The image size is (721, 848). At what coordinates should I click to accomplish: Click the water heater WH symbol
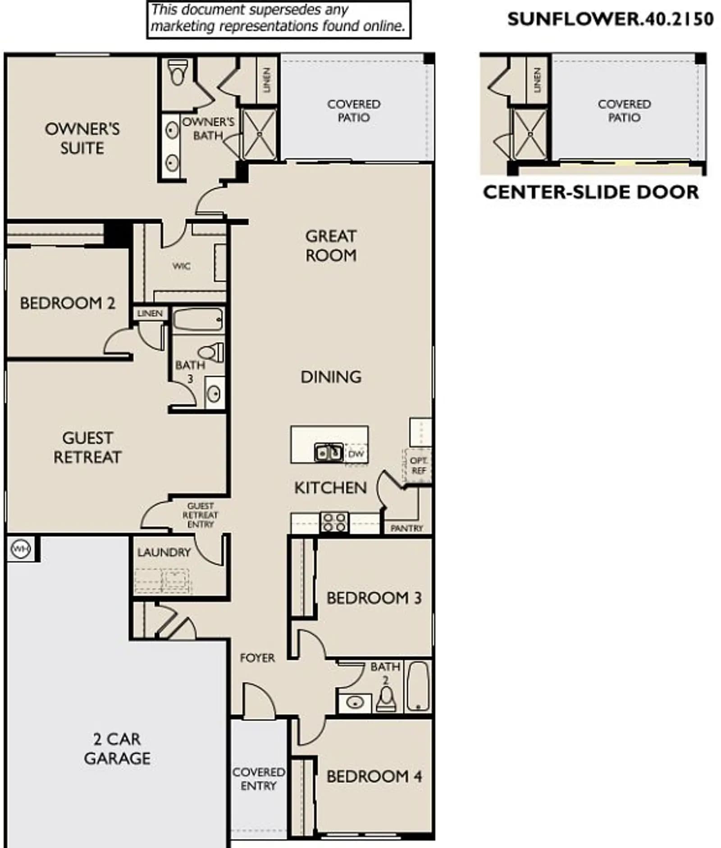click(x=20, y=549)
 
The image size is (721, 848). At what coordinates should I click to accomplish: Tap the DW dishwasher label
click(x=356, y=453)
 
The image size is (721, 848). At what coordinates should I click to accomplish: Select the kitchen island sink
click(x=329, y=452)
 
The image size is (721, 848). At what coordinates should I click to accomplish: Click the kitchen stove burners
click(x=334, y=522)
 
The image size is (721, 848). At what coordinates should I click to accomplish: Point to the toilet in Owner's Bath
click(x=178, y=72)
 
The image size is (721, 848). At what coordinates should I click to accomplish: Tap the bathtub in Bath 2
click(x=418, y=686)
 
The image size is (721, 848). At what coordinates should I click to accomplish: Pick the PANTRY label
click(x=406, y=528)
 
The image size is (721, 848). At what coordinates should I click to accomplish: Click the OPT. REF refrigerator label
click(x=419, y=465)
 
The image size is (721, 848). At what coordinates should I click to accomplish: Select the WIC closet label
click(x=181, y=266)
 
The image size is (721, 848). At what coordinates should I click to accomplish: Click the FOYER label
click(x=257, y=658)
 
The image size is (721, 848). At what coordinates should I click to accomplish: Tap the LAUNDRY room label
click(x=164, y=552)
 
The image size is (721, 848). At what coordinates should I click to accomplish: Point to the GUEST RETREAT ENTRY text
click(x=200, y=515)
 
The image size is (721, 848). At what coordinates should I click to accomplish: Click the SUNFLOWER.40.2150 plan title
click(x=611, y=19)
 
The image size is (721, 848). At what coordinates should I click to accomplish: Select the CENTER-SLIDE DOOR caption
click(x=591, y=192)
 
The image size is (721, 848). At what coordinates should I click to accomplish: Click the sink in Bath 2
click(x=355, y=703)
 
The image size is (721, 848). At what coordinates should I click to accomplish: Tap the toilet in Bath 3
click(x=211, y=352)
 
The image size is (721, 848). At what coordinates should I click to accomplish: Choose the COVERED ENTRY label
click(x=259, y=779)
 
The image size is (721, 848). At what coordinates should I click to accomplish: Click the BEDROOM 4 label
click(x=374, y=776)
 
